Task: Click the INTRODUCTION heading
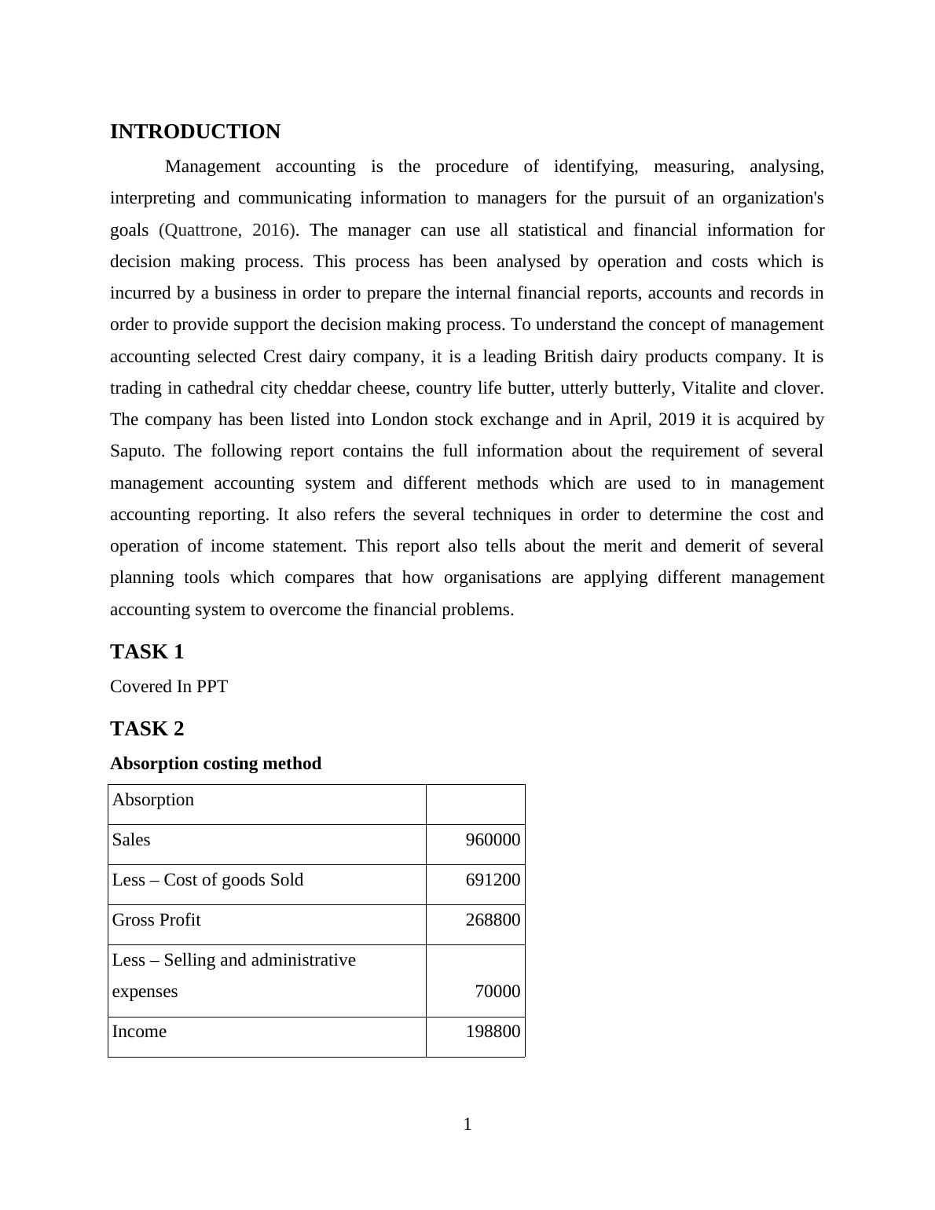point(195,132)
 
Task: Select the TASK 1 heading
point(147,652)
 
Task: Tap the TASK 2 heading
point(147,729)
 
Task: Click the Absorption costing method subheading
point(215,764)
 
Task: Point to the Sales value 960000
point(493,840)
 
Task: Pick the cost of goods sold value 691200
point(493,880)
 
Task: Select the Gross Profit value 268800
point(493,920)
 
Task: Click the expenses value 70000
point(497,992)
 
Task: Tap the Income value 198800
point(493,1032)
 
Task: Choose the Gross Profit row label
point(156,920)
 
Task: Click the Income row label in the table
point(139,1032)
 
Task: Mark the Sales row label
point(131,840)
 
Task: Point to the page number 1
point(467,1124)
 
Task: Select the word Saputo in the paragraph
point(137,451)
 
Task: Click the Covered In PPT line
point(169,687)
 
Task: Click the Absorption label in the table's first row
point(152,800)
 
